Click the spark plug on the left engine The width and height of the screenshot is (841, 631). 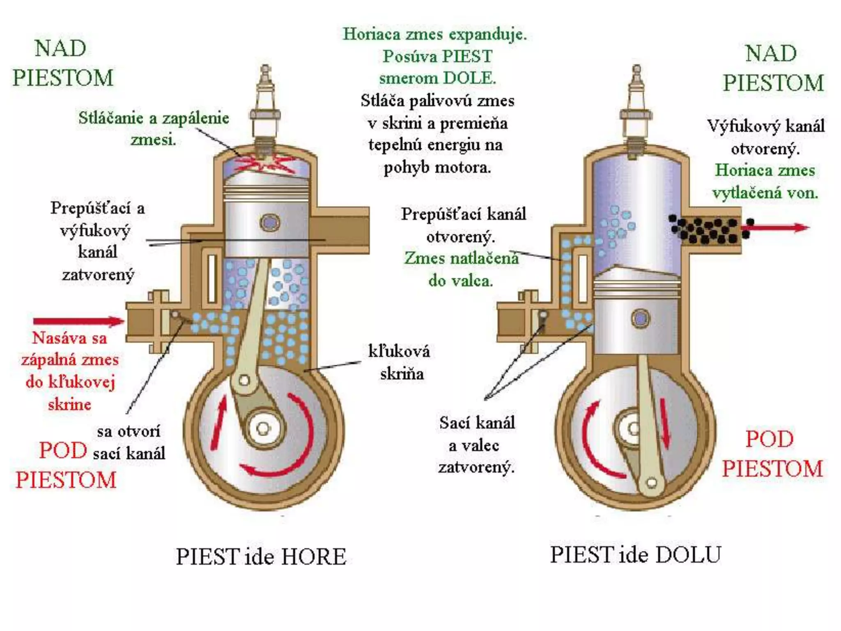[265, 107]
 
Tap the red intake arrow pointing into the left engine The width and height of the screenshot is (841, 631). [78, 321]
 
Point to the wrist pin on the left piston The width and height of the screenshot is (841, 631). [269, 223]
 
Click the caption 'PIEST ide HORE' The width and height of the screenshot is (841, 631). [261, 557]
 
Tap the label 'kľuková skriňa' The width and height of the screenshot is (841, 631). [400, 362]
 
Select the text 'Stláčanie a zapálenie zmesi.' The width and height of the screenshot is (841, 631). [154, 129]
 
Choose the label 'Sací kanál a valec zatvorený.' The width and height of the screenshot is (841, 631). [476, 445]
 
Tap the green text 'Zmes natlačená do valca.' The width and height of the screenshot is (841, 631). [461, 269]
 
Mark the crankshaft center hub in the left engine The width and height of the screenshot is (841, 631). [263, 429]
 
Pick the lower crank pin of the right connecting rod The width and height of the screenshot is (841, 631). [651, 482]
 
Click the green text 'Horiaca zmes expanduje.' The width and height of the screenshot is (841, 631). [435, 34]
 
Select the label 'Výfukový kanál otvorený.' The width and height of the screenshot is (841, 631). [765, 137]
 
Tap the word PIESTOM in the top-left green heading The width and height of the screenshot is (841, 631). [63, 78]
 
